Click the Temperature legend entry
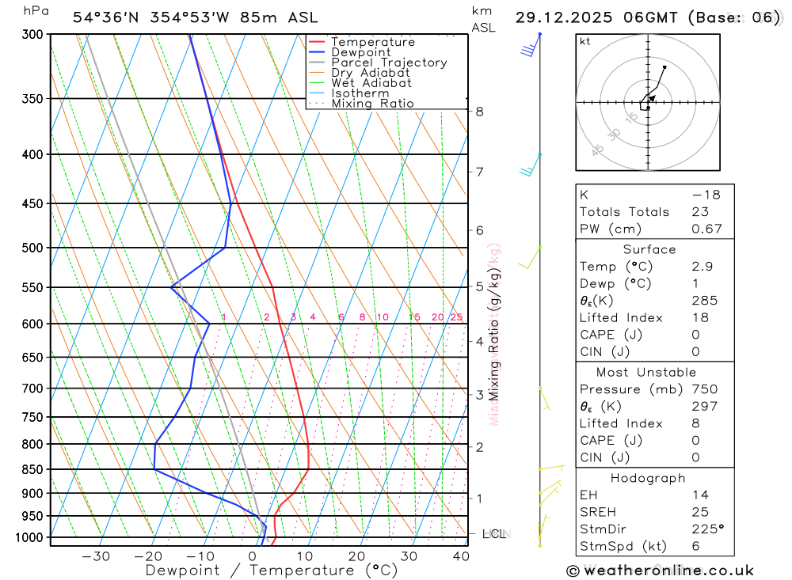[x=372, y=42]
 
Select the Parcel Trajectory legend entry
[x=389, y=63]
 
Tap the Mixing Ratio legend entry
[x=372, y=104]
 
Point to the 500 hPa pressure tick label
[x=32, y=248]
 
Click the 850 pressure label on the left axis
[x=32, y=469]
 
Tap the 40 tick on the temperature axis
[x=461, y=556]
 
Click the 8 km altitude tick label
[x=480, y=112]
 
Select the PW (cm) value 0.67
[x=706, y=229]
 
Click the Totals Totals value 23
[x=699, y=211]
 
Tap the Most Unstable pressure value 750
[x=704, y=389]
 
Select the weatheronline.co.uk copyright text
[x=661, y=571]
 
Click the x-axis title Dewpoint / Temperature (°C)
[x=272, y=570]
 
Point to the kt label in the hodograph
[x=585, y=41]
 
